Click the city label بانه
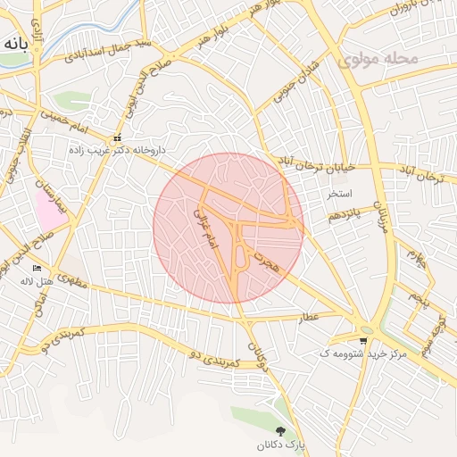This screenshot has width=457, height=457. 17,43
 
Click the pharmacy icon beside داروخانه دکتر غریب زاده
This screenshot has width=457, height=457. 118,138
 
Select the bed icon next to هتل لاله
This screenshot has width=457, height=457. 37,268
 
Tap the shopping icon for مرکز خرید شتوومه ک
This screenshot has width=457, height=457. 362,340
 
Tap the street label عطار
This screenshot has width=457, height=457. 309,317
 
